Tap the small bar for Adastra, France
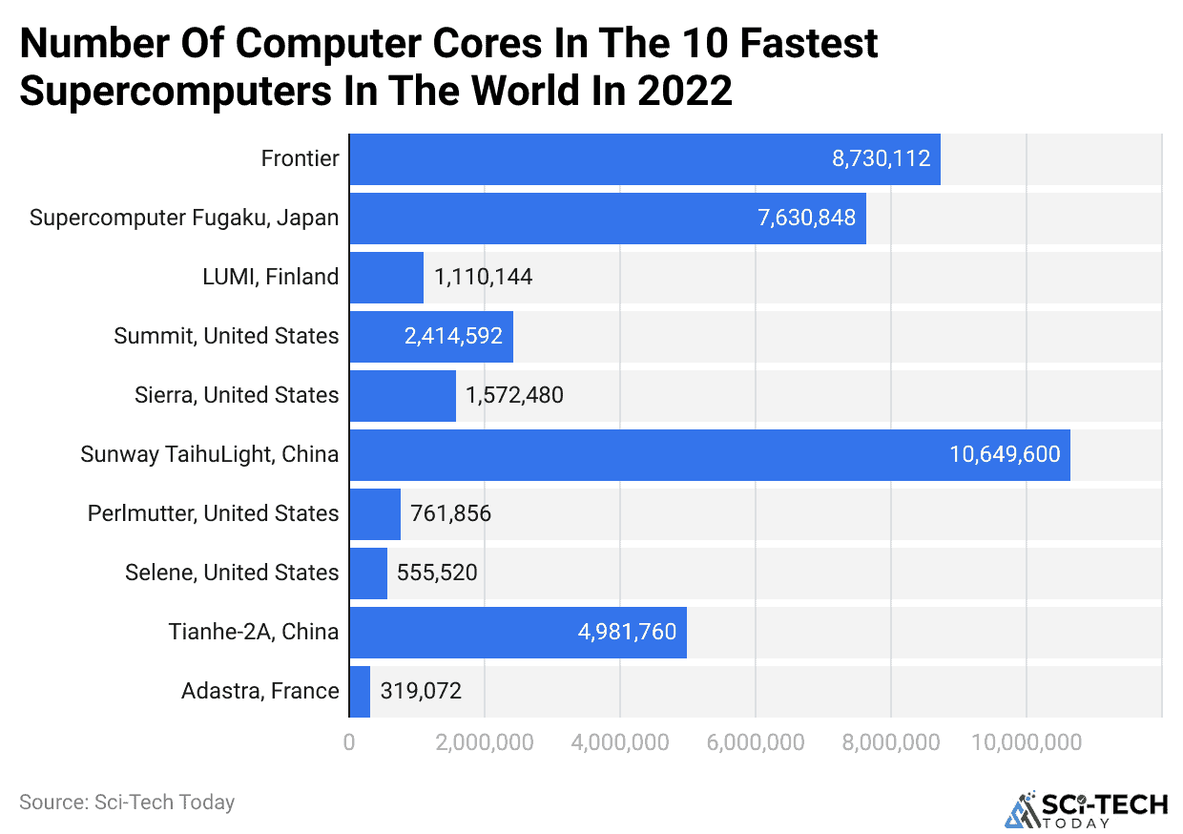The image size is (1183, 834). tap(360, 692)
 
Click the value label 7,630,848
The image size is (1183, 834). tap(806, 219)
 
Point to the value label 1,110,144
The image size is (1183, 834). tap(483, 278)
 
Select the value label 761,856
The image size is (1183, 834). tap(450, 514)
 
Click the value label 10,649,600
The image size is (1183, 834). tap(1005, 455)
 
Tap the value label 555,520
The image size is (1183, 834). tap(437, 573)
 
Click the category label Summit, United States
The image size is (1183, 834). tap(226, 337)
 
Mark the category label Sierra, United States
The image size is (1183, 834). tap(237, 396)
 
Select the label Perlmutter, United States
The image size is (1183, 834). tap(213, 514)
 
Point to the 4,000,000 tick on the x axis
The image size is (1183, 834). tap(620, 742)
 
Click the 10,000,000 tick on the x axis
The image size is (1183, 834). tap(1027, 742)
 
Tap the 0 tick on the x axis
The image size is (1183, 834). tap(349, 742)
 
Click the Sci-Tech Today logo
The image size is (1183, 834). tap(1085, 807)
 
